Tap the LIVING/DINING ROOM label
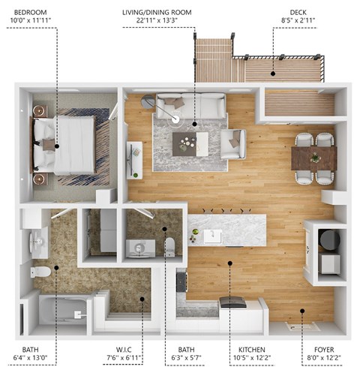(157, 13)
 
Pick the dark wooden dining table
(314, 158)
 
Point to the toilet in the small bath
(169, 247)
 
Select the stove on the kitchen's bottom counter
(232, 303)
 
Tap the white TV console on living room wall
(135, 160)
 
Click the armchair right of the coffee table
(233, 143)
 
